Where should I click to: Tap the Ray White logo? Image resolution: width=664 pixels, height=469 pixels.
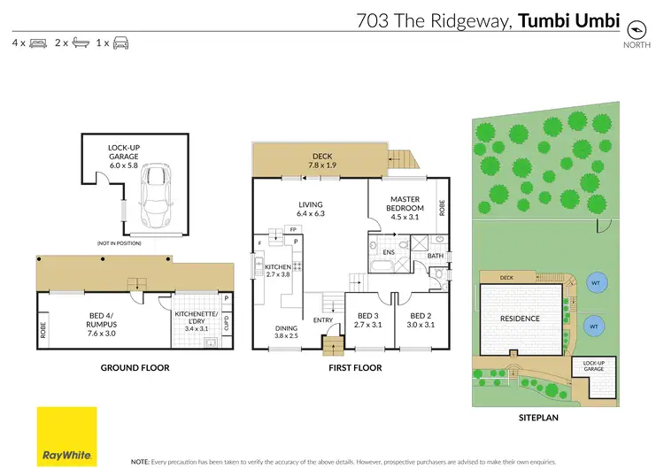66,436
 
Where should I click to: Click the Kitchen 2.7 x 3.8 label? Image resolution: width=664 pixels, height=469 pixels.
278,269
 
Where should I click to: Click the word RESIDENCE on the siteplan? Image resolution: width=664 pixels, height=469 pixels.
520,317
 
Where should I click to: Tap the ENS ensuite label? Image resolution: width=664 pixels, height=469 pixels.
388,251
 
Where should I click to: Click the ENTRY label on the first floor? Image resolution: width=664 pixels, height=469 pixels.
321,320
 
